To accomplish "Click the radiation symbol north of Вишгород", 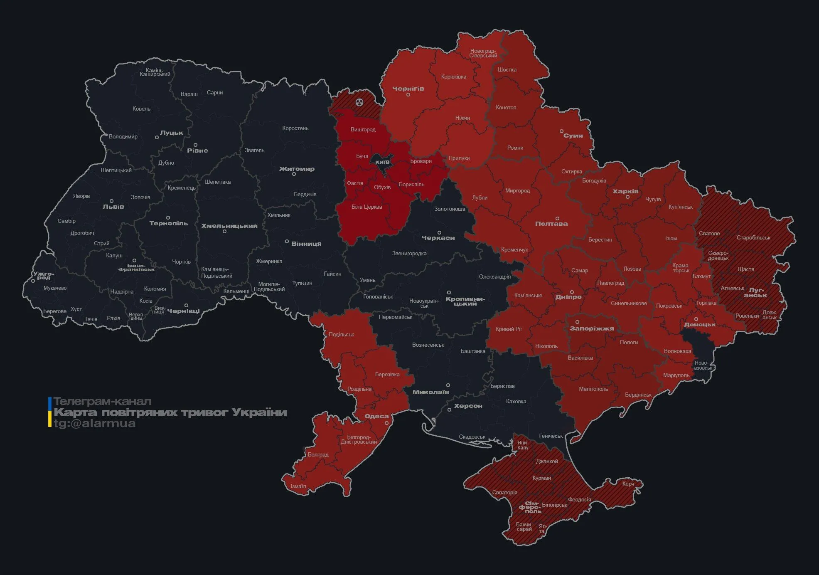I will pos(360,102).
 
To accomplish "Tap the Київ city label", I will pos(382,162).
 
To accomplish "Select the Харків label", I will pos(625,191).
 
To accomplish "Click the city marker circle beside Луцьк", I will pos(157,138).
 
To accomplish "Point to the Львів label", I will pos(113,207).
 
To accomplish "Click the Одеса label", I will pos(376,416).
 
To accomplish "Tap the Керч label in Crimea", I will pos(628,484).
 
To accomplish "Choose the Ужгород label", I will pos(44,276).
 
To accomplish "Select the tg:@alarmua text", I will pos(95,423).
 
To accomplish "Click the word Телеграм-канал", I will pos(102,401).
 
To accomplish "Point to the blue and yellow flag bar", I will pos(50,412).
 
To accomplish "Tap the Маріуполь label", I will pos(676,375).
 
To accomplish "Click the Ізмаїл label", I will pos(298,486).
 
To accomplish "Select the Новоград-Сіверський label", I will pos(483,53).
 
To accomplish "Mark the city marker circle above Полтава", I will pos(557,219).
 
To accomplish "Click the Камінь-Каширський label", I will pos(155,72).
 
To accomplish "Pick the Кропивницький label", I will pos(465,301).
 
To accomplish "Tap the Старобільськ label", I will pos(753,238).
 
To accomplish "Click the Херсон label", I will pos(468,406).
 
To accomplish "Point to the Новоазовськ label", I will pos(703,365).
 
